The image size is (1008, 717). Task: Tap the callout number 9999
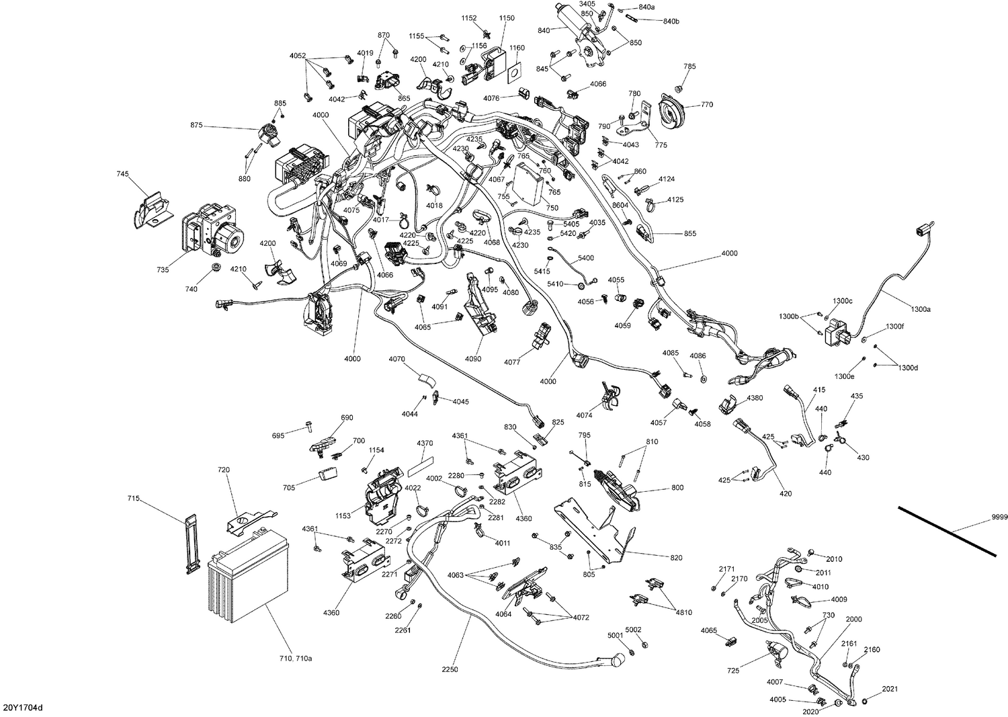pos(999,516)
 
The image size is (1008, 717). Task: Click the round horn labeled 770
pos(672,111)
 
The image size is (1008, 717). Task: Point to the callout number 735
pos(163,269)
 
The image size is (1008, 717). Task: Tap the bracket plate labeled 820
pos(598,532)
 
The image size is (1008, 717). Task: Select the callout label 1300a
pos(921,309)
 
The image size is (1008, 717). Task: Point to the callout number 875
pos(196,125)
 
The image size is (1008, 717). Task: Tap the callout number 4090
pos(473,359)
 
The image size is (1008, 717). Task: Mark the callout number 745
pos(122,174)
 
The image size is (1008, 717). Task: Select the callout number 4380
pos(755,398)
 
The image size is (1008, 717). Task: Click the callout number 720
pos(224,472)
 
